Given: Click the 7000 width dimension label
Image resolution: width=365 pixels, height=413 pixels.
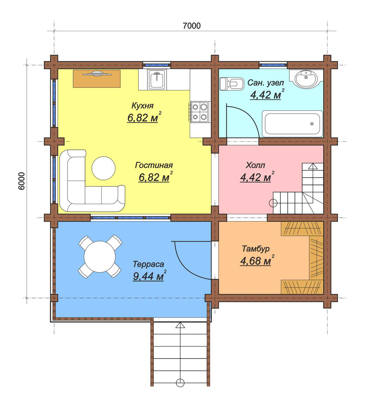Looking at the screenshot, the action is pos(191,26).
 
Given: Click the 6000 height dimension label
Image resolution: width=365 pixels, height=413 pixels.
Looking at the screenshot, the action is pos(22,181).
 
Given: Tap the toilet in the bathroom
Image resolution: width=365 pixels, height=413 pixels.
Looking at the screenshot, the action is pos(232,84).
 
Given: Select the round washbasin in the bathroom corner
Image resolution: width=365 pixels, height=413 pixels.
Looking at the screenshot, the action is pos(306,79).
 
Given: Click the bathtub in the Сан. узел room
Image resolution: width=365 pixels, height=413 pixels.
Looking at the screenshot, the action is pos(292,124).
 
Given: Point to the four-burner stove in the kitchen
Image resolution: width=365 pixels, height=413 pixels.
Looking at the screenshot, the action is pos(199,112).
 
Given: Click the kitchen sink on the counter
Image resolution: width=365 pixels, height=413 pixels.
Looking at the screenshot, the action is pos(156,80).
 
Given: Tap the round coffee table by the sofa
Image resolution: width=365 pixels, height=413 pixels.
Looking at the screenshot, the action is pos(104,168).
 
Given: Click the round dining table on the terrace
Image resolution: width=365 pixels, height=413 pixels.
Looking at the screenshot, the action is pos(100,257).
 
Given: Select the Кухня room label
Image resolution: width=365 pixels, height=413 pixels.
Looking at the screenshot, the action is pos(142,106).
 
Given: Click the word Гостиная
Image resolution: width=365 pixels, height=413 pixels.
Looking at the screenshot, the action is pos(154,165).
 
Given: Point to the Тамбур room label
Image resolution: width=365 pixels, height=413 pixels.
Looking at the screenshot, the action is pos(256,249).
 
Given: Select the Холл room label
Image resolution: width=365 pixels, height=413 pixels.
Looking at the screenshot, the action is pos(255,165).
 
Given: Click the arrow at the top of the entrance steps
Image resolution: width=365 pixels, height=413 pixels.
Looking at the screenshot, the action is pos(180,325).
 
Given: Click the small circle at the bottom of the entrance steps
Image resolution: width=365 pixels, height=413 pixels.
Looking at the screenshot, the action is pos(180,383).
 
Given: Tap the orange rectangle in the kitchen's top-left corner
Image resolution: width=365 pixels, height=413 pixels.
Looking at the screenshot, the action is pos(97,79).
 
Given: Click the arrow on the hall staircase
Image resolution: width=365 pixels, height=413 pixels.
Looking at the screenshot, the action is pos(313,166).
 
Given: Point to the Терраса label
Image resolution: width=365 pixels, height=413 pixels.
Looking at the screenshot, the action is pos(148,264).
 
